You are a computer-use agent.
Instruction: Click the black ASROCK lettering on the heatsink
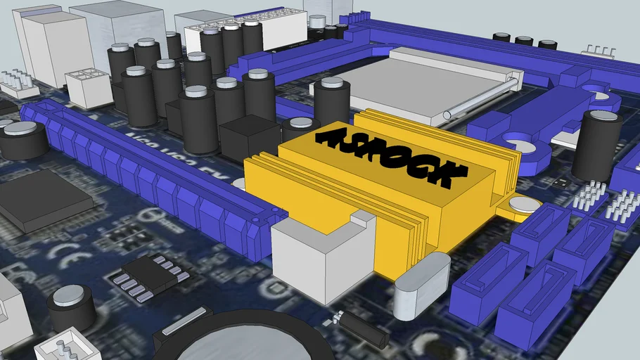pyautogui.click(x=390, y=156)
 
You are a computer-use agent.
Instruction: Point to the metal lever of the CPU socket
pyautogui.click(x=485, y=98)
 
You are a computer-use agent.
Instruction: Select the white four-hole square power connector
pyautogui.click(x=88, y=85)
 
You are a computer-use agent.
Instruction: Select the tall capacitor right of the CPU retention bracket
pyautogui.click(x=596, y=144)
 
